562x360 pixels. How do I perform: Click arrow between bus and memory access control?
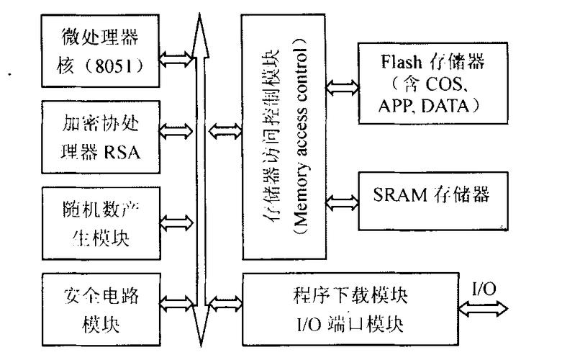[x=223, y=131]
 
